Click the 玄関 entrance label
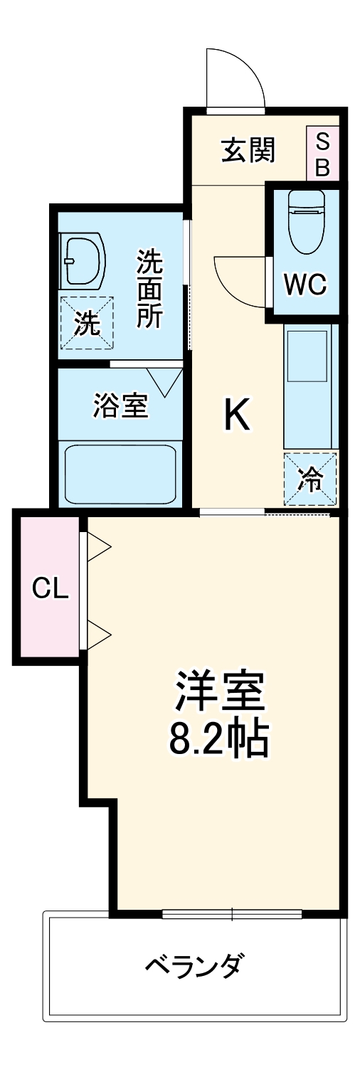(x=247, y=151)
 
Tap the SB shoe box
(x=322, y=154)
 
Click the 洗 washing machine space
(x=86, y=324)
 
